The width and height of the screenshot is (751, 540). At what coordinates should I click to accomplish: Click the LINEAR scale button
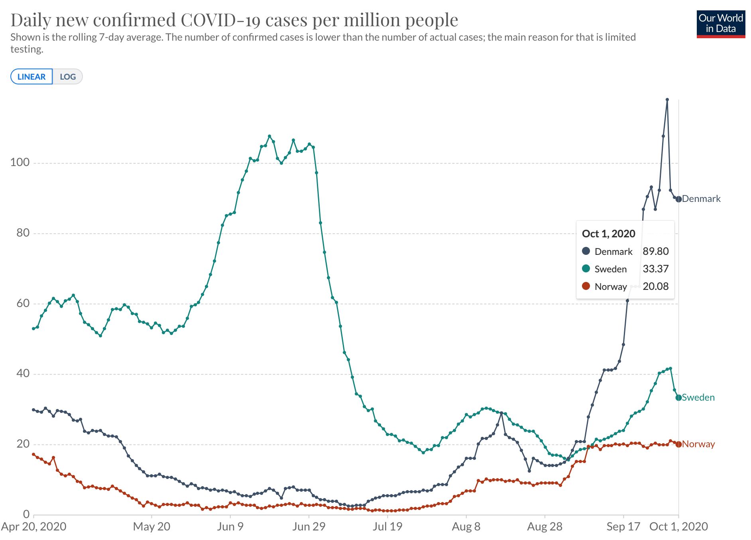(31, 77)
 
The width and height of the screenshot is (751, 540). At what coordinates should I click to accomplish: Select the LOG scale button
(68, 77)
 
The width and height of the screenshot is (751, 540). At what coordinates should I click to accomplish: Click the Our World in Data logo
(721, 24)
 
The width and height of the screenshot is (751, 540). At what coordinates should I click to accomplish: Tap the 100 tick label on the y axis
(20, 162)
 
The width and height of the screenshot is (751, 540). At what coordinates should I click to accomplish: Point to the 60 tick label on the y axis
(23, 303)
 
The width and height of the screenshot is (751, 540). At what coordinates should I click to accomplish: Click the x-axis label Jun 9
(230, 527)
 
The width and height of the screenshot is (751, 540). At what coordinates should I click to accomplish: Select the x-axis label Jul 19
(387, 527)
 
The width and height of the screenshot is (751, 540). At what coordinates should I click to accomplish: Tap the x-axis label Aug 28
(545, 527)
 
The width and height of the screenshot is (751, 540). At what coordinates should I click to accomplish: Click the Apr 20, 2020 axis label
(34, 527)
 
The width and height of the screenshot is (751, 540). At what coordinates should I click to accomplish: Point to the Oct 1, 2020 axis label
(678, 527)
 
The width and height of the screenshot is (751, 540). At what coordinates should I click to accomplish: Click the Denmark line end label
(701, 199)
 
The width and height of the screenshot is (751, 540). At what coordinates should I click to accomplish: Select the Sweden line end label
(698, 397)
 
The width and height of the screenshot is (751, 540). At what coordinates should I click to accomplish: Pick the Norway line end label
(698, 444)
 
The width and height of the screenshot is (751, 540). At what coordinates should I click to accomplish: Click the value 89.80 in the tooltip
(656, 251)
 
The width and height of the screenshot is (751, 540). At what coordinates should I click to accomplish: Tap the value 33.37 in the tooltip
(656, 269)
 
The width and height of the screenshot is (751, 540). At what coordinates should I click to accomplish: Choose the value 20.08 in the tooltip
(656, 286)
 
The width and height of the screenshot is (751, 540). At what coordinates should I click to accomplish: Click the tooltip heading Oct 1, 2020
(608, 234)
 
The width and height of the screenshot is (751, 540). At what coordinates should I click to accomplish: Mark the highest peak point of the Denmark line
(667, 100)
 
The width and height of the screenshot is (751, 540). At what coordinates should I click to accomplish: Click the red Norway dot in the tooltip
(586, 286)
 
